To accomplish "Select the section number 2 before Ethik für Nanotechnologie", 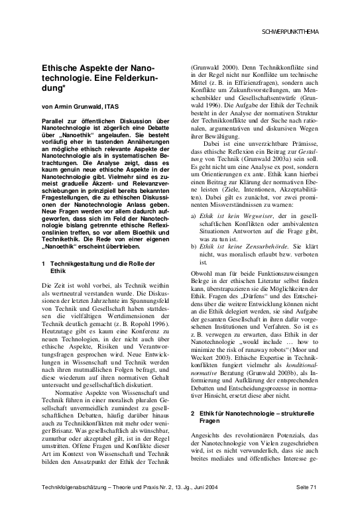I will [192, 414].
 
